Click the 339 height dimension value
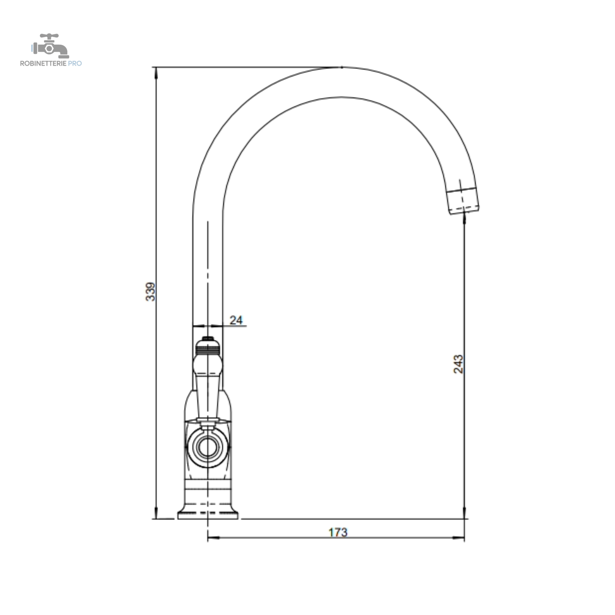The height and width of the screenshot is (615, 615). [x=151, y=291]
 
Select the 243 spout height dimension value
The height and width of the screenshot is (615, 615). [x=458, y=364]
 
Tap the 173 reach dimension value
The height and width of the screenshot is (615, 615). [x=338, y=532]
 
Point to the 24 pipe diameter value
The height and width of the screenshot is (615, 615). [x=236, y=320]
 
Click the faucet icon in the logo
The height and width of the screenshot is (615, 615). [x=50, y=46]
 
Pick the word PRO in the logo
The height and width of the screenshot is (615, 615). [x=75, y=64]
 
